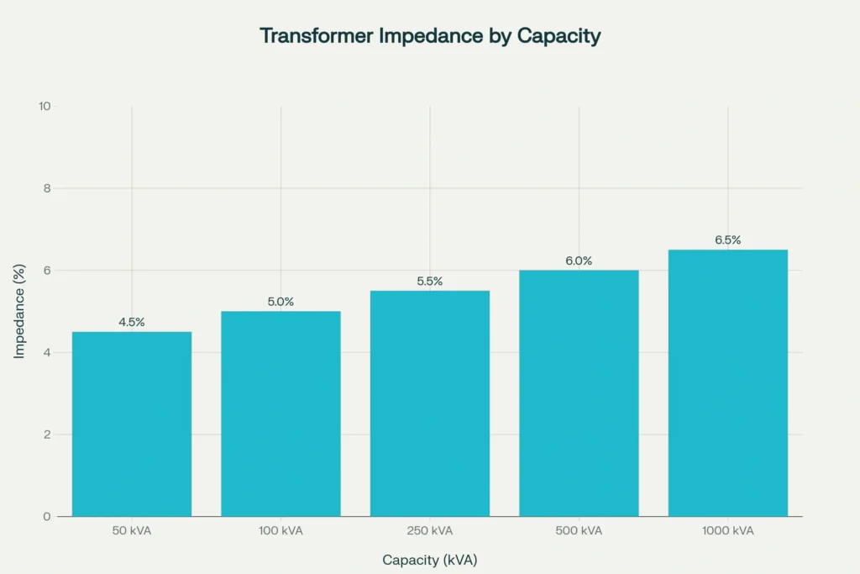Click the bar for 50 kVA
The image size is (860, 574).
point(132,424)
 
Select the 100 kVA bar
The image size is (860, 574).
point(281,413)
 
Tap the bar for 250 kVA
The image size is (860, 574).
point(430,403)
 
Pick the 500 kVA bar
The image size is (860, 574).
point(579,393)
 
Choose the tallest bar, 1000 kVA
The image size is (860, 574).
point(728,383)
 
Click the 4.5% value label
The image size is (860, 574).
point(132,322)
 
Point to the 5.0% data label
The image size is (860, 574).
point(281,302)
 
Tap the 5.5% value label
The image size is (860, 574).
point(430,282)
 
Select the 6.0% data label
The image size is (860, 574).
point(579,261)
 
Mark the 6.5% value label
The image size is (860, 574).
point(728,240)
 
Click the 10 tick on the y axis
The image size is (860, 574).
point(45,107)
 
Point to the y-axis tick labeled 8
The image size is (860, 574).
point(47,188)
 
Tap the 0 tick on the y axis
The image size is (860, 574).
point(47,516)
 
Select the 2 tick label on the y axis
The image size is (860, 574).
point(47,434)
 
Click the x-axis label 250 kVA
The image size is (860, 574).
point(430,531)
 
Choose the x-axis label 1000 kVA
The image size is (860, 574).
point(728,531)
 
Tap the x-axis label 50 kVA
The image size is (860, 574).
point(132,531)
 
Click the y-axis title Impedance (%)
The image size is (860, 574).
point(19,311)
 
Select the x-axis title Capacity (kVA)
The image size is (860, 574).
point(430,560)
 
